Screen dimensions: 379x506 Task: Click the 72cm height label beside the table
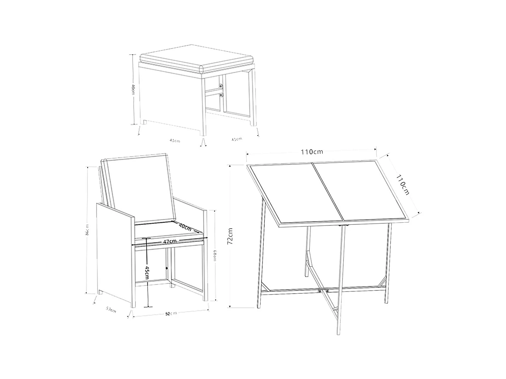(x=230, y=236)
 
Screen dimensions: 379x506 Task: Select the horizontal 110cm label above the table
(x=312, y=152)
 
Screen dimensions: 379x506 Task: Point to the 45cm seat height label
(x=147, y=273)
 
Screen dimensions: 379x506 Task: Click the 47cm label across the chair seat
(x=170, y=241)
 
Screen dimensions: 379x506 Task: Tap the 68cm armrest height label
(x=215, y=255)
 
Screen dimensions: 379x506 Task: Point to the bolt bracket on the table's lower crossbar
(x=323, y=291)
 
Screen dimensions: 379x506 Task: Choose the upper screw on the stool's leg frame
(x=221, y=87)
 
